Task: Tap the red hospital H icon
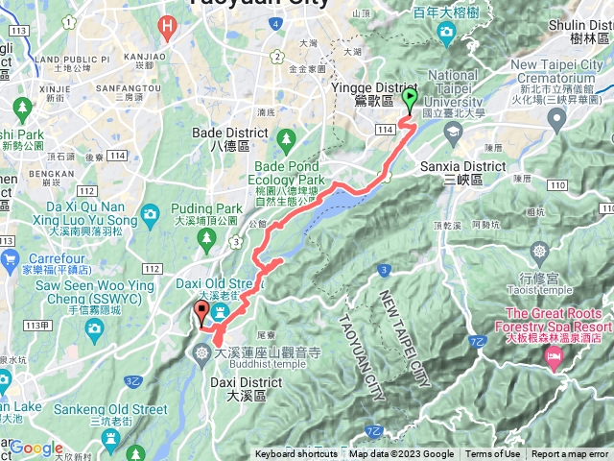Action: click(169, 26)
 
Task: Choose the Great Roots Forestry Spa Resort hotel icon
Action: click(555, 357)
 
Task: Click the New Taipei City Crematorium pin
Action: click(556, 118)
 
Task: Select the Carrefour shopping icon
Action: click(10, 258)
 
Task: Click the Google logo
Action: click(36, 448)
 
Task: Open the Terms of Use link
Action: click(493, 454)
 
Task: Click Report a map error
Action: click(570, 454)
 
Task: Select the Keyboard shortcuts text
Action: click(295, 454)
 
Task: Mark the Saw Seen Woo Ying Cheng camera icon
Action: click(94, 329)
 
